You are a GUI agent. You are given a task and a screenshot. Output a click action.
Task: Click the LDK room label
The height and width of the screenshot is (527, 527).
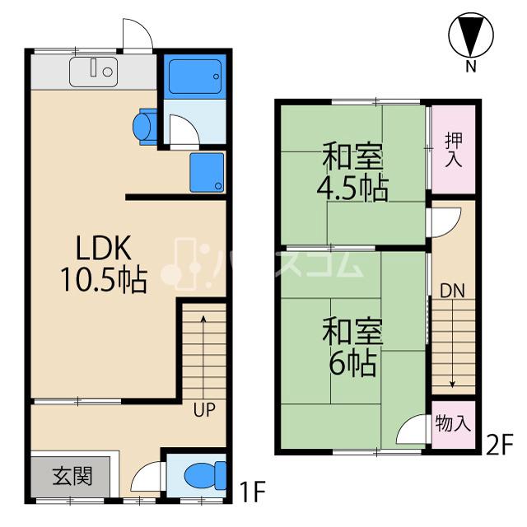104,248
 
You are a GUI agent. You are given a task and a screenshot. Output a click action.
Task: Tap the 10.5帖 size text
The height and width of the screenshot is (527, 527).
104,280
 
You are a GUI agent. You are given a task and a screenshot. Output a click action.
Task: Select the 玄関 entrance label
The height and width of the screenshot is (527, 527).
72,476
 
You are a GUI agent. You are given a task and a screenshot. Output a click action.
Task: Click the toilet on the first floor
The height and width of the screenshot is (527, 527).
205,476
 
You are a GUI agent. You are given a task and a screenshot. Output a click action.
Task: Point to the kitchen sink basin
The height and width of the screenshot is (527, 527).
93,72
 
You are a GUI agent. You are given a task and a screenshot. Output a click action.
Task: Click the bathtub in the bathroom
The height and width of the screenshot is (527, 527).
195,77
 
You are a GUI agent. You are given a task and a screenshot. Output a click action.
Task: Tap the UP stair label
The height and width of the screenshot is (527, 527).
204,410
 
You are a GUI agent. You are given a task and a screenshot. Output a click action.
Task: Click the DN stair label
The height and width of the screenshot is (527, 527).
452,291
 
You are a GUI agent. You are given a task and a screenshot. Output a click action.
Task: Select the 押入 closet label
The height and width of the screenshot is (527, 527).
454,150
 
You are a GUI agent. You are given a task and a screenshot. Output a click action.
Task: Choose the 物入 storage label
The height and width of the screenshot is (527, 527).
453,424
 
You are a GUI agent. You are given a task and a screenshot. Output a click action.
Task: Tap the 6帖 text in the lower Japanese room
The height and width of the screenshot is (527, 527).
352,363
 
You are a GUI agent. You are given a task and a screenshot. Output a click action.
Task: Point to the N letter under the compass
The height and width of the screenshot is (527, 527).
471,67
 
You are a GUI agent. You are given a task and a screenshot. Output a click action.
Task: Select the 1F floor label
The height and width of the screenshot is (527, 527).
252,492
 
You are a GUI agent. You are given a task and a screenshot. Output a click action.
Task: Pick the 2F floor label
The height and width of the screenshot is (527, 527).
500,445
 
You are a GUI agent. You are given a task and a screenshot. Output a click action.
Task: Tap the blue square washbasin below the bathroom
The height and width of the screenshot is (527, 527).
207,172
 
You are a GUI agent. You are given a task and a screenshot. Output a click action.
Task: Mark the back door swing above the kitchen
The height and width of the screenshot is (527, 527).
138,35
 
